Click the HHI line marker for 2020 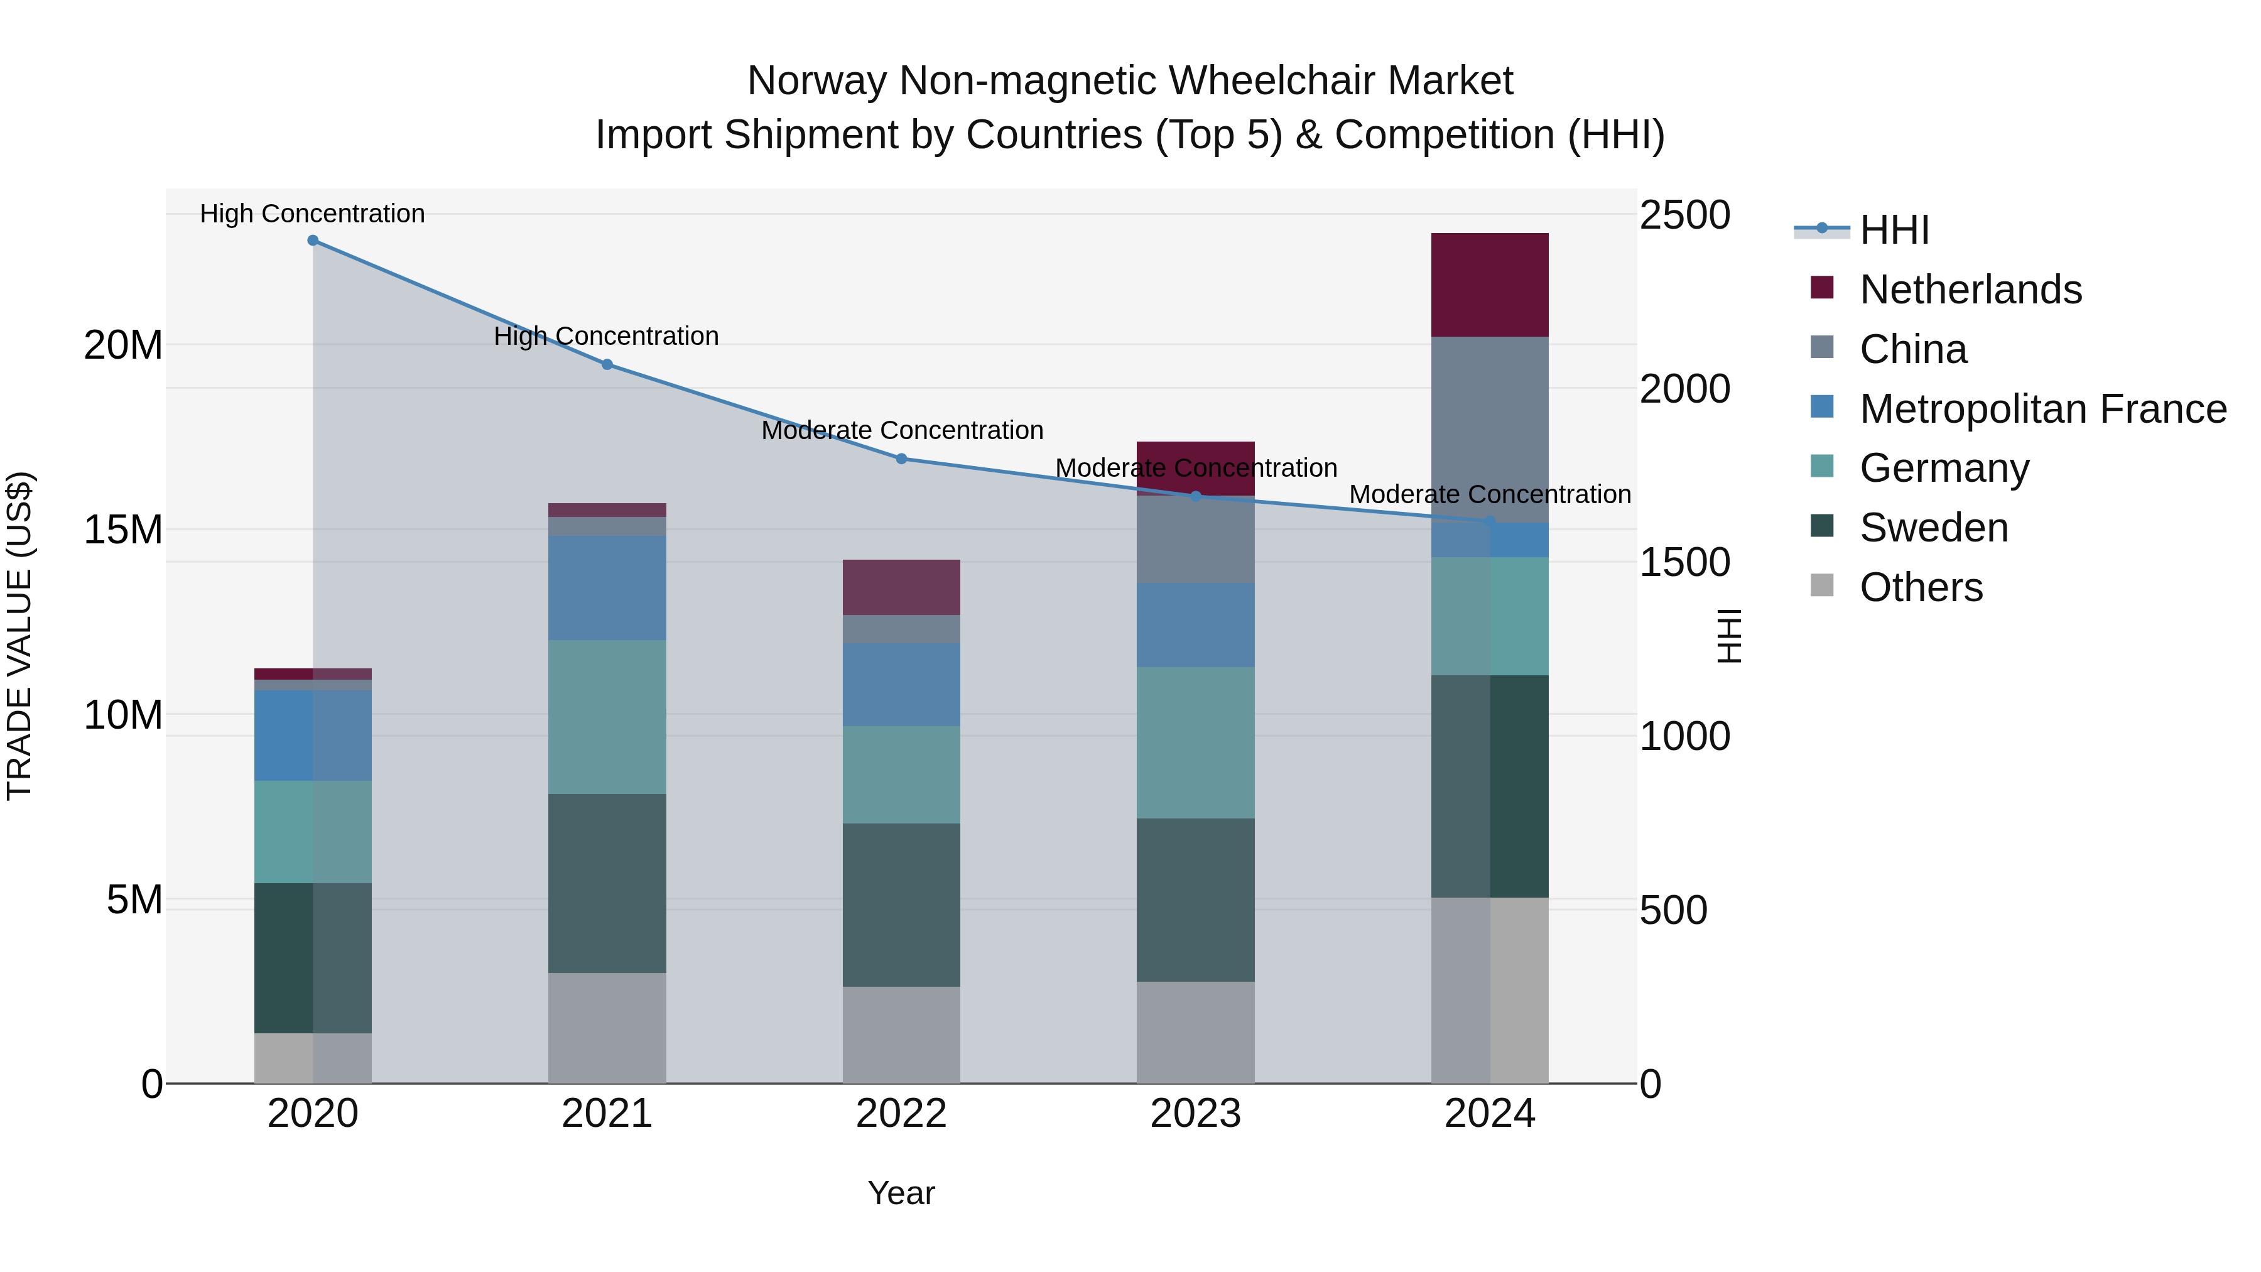click(x=313, y=241)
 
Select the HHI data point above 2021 click(x=607, y=364)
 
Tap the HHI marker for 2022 click(x=901, y=459)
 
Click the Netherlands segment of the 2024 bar click(x=1490, y=285)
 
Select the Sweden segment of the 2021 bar click(x=607, y=883)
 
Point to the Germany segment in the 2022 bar click(x=901, y=775)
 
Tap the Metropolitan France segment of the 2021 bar click(x=607, y=588)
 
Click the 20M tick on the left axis click(x=123, y=345)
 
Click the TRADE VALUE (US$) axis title click(x=19, y=636)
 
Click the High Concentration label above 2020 click(x=313, y=214)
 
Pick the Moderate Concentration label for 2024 click(x=1490, y=494)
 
